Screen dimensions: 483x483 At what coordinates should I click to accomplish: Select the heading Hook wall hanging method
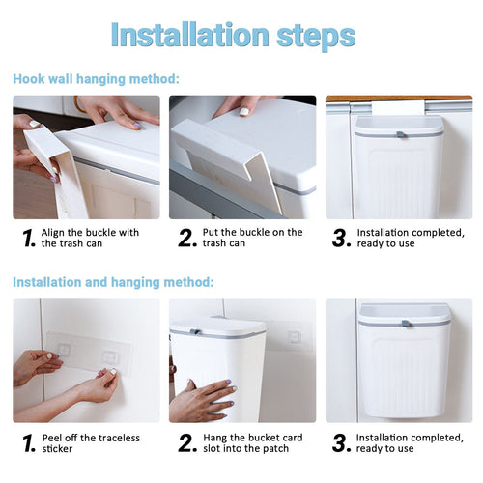pyautogui.click(x=96, y=79)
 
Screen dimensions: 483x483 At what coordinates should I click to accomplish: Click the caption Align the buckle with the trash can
pyautogui.click(x=90, y=238)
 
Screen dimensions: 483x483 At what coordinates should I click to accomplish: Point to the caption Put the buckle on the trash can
pyautogui.click(x=251, y=238)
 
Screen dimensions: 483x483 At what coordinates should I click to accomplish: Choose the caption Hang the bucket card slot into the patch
pyautogui.click(x=252, y=442)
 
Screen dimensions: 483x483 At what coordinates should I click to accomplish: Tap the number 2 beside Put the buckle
pyautogui.click(x=186, y=239)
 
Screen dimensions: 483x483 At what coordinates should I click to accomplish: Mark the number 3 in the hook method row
pyautogui.click(x=340, y=239)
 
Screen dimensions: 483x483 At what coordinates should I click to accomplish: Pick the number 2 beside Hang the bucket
pyautogui.click(x=186, y=443)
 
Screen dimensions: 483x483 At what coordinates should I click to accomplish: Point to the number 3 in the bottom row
pyautogui.click(x=340, y=443)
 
